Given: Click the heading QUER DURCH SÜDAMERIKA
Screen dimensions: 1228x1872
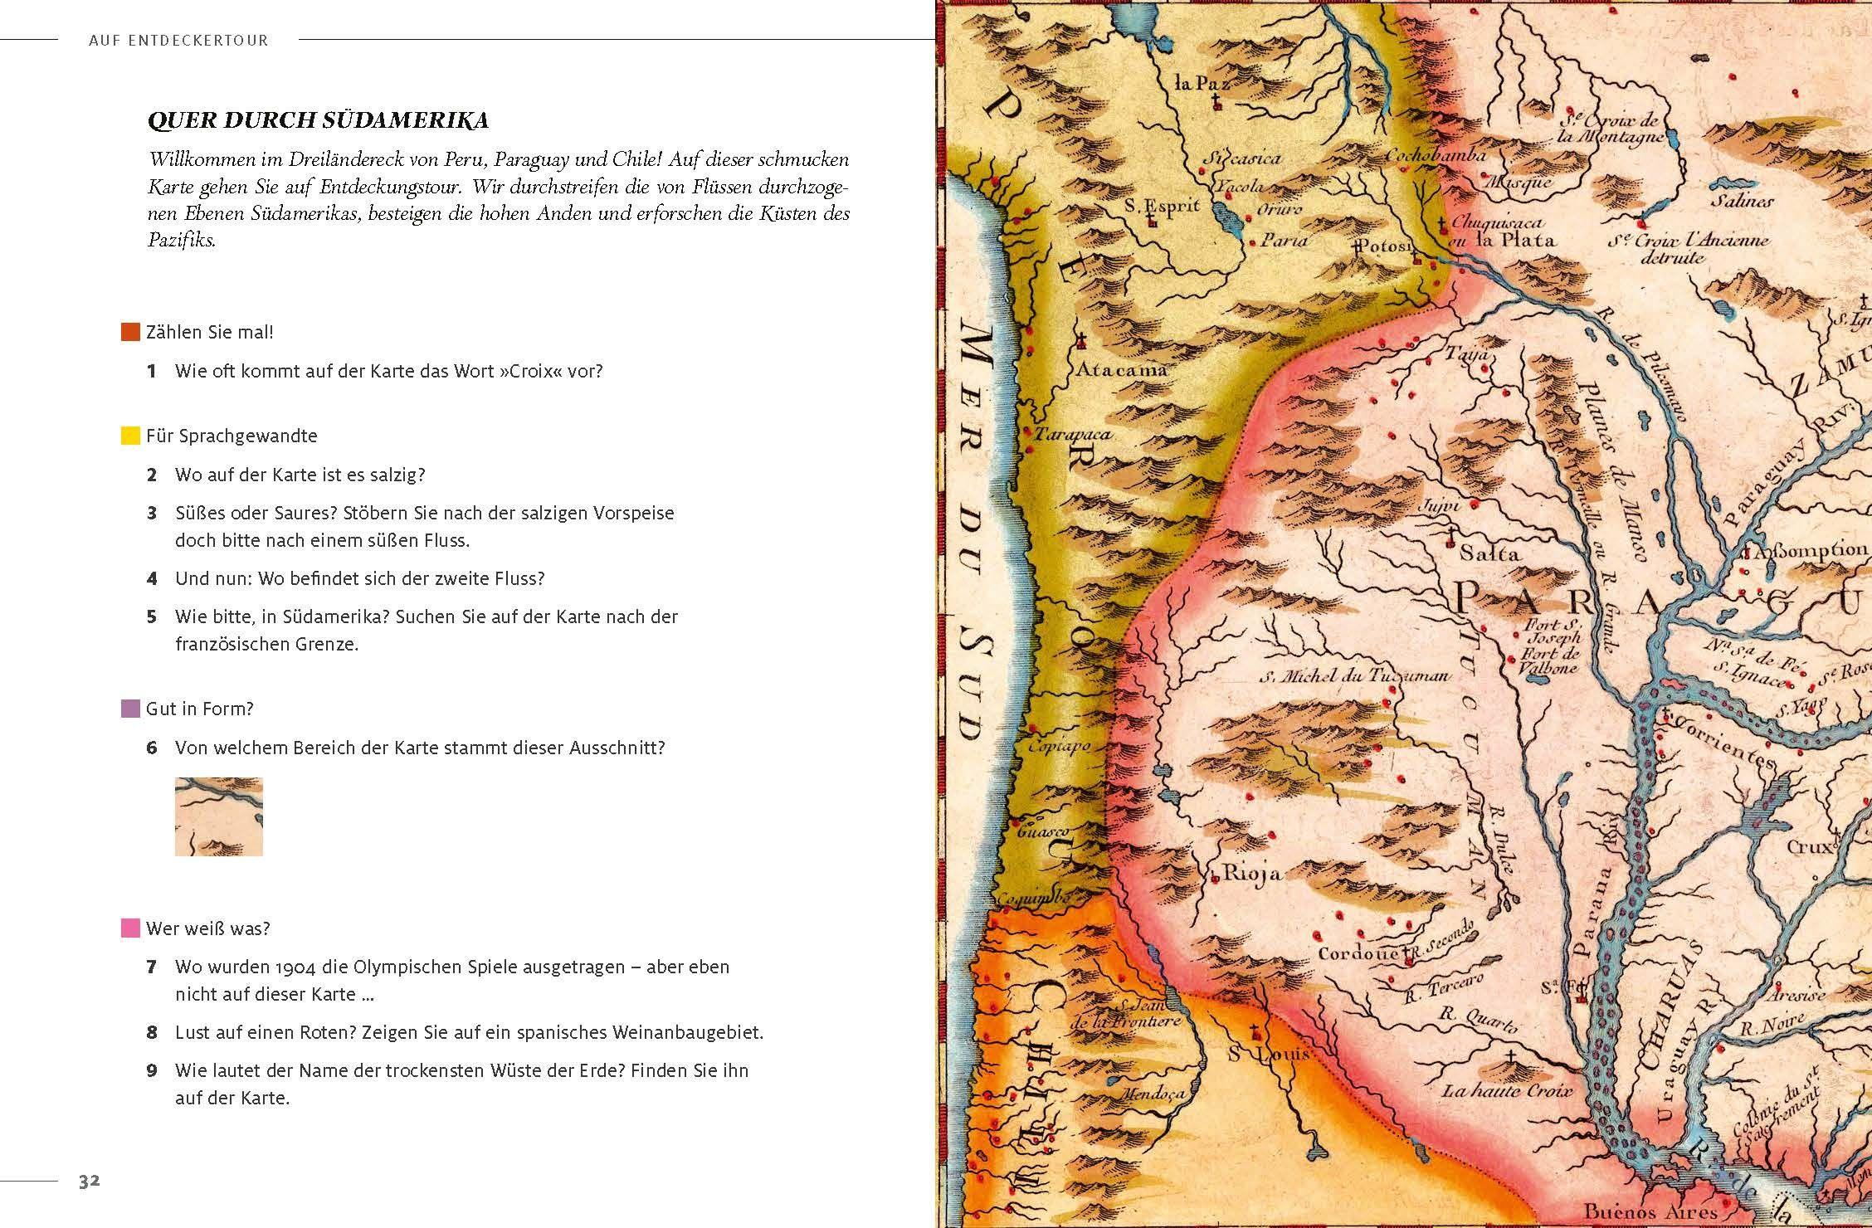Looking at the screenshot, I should (318, 121).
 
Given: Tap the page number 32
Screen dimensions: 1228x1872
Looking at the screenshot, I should (90, 1182).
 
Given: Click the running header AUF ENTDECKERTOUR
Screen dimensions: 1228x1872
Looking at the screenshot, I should (178, 40).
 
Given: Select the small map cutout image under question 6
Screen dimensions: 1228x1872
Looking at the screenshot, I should (218, 816).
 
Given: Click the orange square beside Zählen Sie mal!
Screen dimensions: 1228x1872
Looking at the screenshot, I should (130, 332).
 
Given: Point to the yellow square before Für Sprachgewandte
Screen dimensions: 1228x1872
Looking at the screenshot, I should (130, 436).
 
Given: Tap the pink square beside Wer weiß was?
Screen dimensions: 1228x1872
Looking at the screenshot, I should (130, 928).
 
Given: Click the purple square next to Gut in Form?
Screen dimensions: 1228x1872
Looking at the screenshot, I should (130, 709).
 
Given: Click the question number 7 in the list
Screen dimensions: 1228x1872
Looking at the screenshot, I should (152, 967).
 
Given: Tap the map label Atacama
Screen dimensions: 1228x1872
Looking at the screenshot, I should (1121, 369).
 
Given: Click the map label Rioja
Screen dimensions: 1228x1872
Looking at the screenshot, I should (1253, 874).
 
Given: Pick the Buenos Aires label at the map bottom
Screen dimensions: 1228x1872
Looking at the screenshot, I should (1631, 1210).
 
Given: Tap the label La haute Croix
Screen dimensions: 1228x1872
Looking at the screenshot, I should (1508, 1090).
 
